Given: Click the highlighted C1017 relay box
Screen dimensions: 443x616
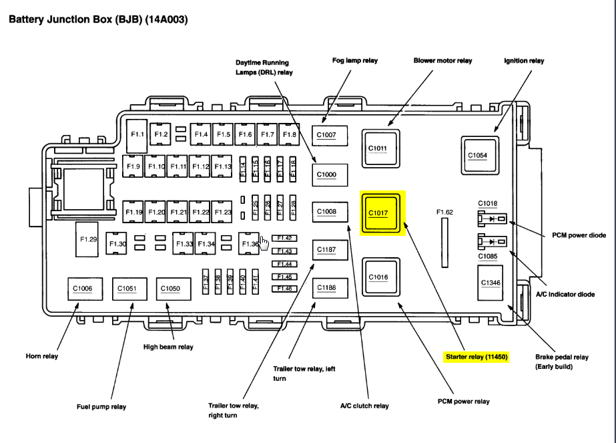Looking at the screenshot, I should (x=382, y=214).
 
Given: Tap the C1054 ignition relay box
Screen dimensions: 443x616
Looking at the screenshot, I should (x=478, y=155).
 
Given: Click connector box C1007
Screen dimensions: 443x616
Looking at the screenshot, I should (x=327, y=135).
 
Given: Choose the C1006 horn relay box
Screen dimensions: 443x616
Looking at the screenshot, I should (x=83, y=289).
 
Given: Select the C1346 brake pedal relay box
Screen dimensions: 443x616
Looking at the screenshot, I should (x=491, y=283).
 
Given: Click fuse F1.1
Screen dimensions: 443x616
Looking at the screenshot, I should (x=137, y=135).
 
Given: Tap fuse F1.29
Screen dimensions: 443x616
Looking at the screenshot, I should (x=89, y=239).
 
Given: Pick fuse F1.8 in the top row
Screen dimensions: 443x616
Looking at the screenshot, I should (x=289, y=135).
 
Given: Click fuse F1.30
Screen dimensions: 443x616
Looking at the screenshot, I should (x=118, y=244).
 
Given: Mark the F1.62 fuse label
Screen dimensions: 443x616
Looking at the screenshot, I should (x=444, y=212).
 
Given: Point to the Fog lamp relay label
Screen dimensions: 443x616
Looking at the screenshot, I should (x=354, y=61).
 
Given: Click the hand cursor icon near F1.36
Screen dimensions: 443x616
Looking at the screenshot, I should (x=264, y=243).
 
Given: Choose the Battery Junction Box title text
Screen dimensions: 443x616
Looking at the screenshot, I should (x=97, y=19).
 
